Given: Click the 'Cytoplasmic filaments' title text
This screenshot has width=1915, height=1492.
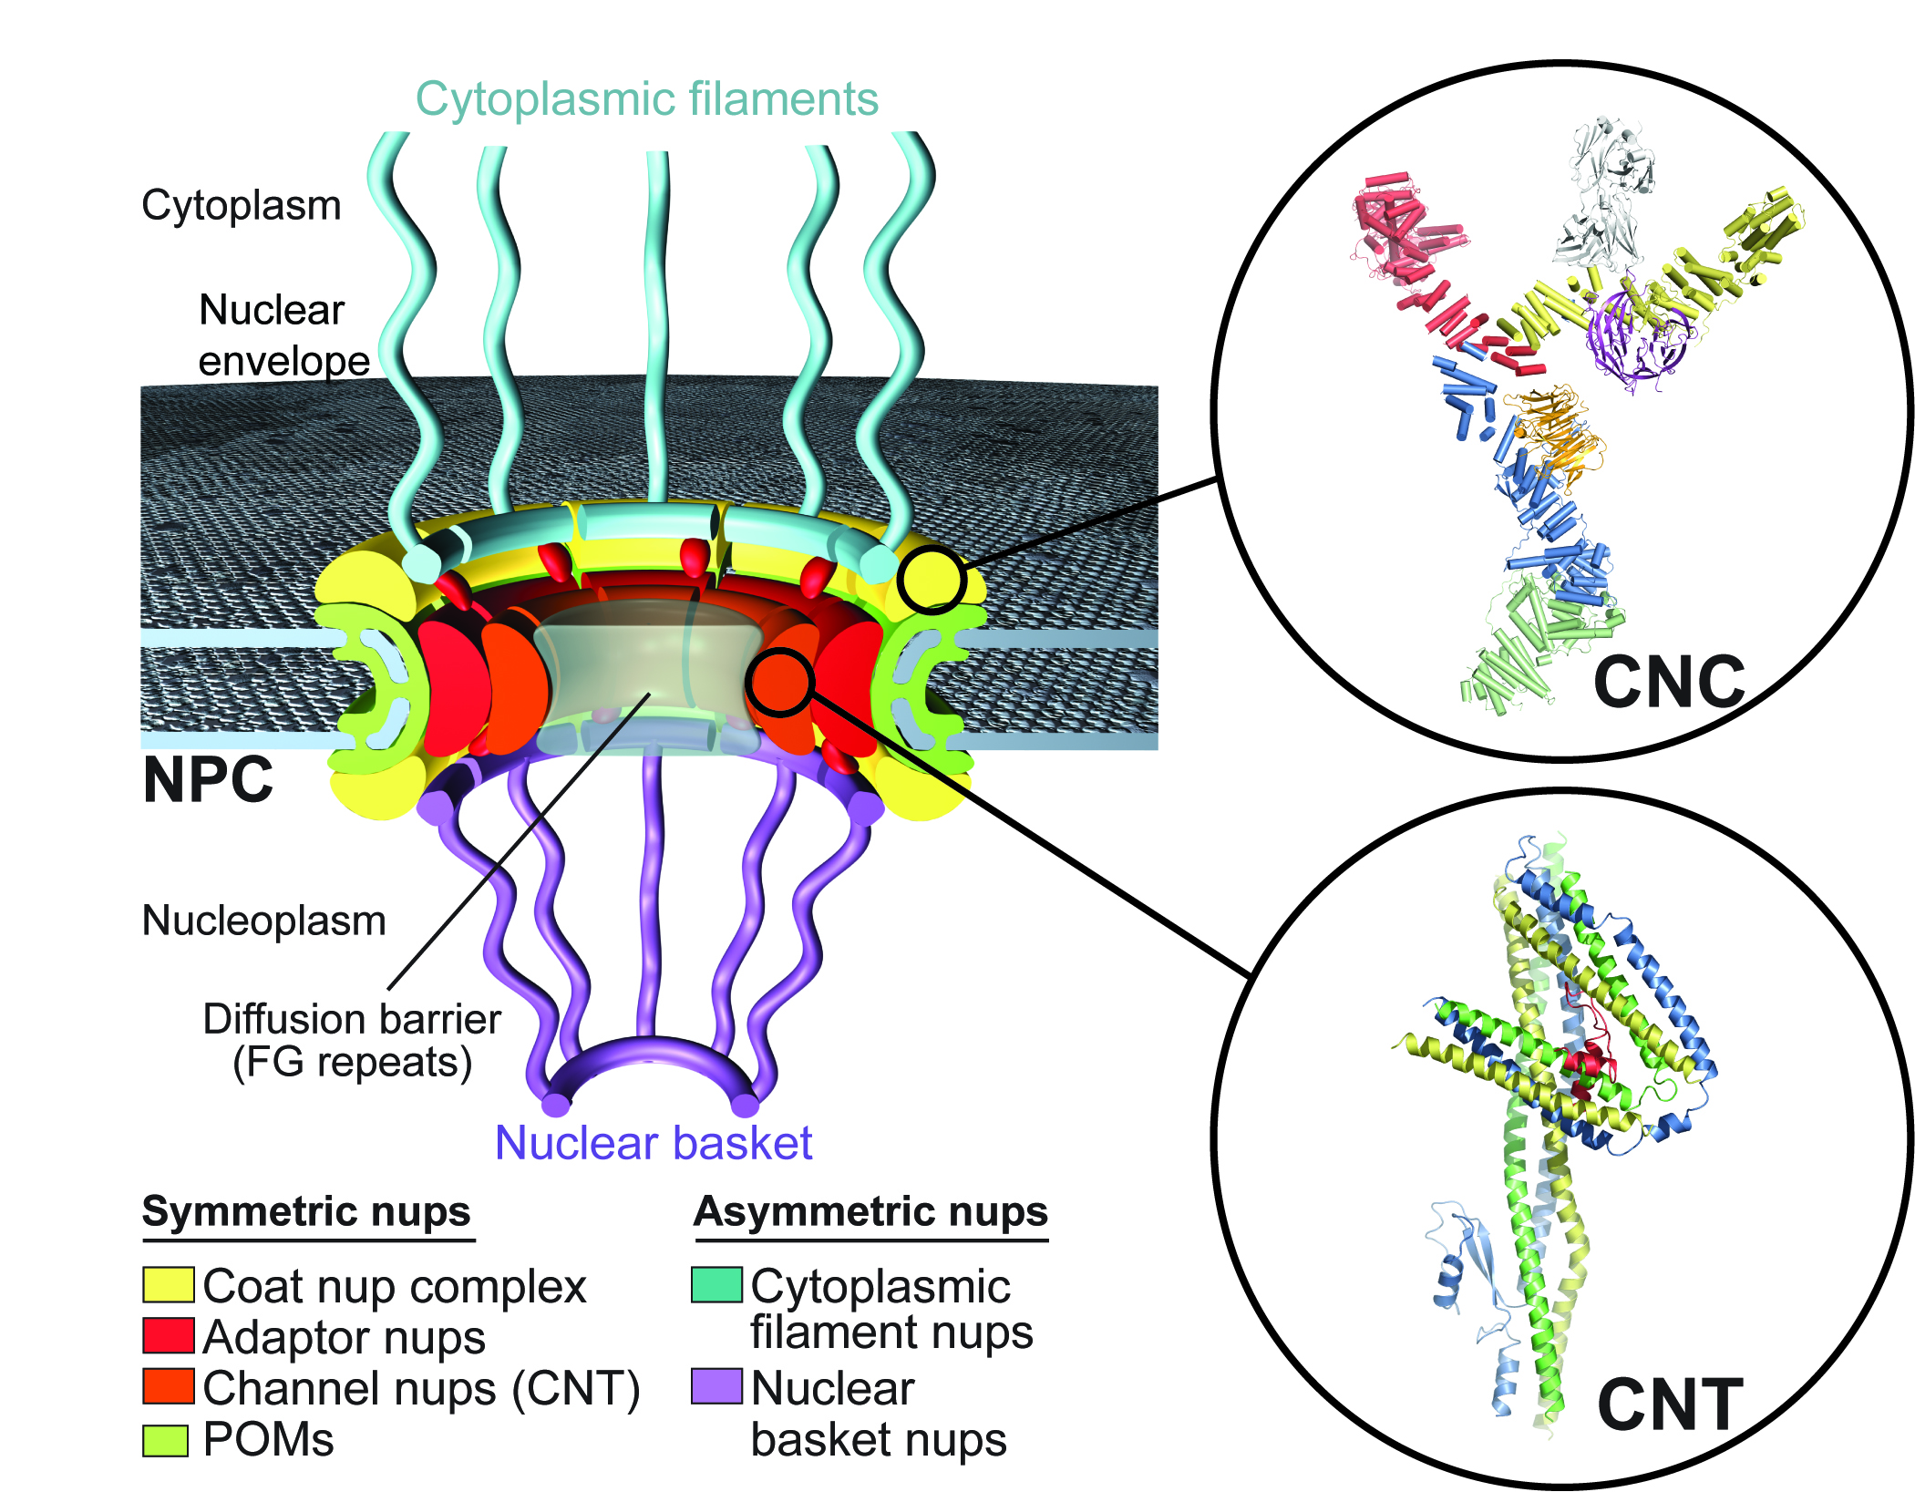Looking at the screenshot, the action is coord(646,98).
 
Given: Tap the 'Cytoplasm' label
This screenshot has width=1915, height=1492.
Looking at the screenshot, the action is coord(242,206).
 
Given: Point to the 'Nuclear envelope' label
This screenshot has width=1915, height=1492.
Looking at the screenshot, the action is coord(284,335).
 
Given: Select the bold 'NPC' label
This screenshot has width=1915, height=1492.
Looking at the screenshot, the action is coord(208,780).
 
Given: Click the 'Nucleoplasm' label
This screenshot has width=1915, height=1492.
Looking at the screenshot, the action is coord(264,921).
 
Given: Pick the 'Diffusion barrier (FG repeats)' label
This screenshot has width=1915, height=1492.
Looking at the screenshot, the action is coord(352,1041).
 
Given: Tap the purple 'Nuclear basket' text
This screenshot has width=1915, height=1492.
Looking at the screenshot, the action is coord(654,1143).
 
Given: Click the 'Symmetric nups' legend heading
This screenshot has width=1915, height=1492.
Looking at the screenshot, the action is coord(307,1212).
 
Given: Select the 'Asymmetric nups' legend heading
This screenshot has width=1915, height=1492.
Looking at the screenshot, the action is coord(871,1212).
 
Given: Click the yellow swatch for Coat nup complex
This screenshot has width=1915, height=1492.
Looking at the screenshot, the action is coord(169,1284).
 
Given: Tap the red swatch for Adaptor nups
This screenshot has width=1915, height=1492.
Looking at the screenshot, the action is coord(169,1335).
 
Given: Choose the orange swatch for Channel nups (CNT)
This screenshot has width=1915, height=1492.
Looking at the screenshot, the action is coord(169,1386).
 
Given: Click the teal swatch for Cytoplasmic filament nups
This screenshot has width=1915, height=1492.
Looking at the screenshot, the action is coord(717,1284).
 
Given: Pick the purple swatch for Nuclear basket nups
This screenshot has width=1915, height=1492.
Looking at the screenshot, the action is coord(717,1386).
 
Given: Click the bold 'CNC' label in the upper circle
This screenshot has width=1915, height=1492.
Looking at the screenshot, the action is coord(1669,682).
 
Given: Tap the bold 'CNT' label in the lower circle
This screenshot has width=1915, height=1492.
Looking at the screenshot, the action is coord(1670,1405).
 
